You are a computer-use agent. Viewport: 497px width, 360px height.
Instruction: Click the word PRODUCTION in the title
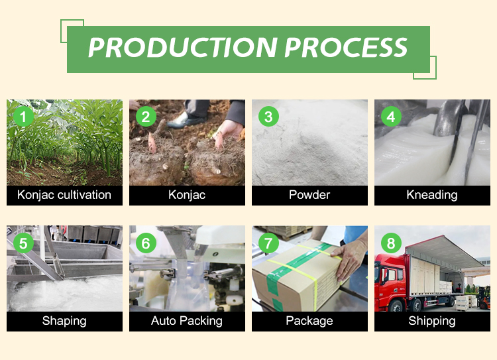(x=183, y=48)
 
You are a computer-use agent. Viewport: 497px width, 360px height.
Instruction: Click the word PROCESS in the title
(x=346, y=48)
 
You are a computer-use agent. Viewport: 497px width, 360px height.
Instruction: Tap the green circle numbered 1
(x=23, y=117)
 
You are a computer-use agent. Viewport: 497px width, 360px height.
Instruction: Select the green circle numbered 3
(x=268, y=117)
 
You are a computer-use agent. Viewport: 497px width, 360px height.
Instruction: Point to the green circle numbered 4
(x=391, y=117)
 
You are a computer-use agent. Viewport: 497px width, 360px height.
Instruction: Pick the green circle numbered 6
(x=146, y=243)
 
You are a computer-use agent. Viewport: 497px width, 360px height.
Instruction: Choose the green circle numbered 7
(x=268, y=243)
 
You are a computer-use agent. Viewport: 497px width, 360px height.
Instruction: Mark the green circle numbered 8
(x=391, y=243)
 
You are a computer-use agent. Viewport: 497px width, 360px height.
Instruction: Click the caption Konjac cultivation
(x=64, y=195)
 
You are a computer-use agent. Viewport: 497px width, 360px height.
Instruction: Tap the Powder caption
(x=309, y=195)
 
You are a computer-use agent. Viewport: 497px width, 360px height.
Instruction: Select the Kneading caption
(x=432, y=195)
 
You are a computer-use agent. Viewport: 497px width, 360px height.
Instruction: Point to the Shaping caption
(x=64, y=321)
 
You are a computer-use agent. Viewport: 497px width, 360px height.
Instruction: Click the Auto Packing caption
(x=187, y=321)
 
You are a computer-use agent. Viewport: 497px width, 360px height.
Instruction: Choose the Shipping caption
(x=432, y=321)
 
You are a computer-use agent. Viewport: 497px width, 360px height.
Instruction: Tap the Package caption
(x=309, y=321)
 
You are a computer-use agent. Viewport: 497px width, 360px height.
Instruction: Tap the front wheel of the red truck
(x=396, y=306)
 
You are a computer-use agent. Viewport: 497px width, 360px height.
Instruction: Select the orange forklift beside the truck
(x=484, y=298)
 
